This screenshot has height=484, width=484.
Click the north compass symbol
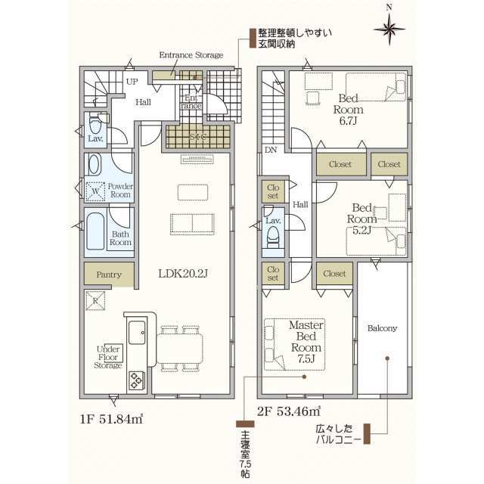pyautogui.click(x=389, y=29)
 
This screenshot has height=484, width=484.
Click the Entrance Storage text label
pyautogui.click(x=191, y=55)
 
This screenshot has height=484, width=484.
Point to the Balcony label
pyautogui.click(x=382, y=329)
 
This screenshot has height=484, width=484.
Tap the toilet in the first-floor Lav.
pyautogui.click(x=96, y=125)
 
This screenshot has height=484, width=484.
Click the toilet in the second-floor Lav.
pyautogui.click(x=273, y=235)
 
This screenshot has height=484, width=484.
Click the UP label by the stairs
pyautogui.click(x=131, y=82)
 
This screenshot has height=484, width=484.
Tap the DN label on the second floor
pyautogui.click(x=270, y=150)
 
